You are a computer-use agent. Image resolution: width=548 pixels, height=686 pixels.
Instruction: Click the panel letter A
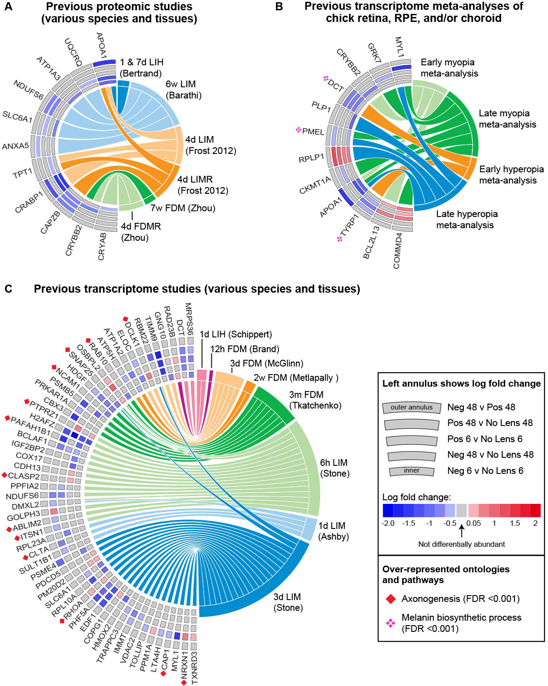(9, 7)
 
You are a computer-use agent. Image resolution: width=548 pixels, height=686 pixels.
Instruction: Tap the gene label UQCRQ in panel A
(73, 52)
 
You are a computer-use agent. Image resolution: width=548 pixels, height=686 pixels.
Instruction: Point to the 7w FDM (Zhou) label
(183, 208)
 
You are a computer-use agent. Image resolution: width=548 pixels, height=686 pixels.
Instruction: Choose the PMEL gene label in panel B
(313, 132)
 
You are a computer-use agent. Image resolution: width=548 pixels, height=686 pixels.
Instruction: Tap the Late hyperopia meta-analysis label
(467, 219)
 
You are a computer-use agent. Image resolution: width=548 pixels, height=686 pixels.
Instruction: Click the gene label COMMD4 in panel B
(398, 251)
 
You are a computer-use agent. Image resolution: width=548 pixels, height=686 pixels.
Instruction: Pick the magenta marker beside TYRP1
(340, 239)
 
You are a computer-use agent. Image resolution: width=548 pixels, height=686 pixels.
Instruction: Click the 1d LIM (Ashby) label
(333, 531)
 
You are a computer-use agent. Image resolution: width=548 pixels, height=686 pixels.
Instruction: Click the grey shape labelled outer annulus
(411, 407)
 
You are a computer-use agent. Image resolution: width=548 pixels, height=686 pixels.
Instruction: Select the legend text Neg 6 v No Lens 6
(485, 471)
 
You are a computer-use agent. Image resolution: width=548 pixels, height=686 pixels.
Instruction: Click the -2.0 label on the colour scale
(389, 523)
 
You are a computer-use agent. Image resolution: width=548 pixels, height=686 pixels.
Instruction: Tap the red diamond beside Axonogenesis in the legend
(391, 599)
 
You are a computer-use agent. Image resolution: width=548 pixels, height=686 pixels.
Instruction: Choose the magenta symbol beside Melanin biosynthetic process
(391, 623)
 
